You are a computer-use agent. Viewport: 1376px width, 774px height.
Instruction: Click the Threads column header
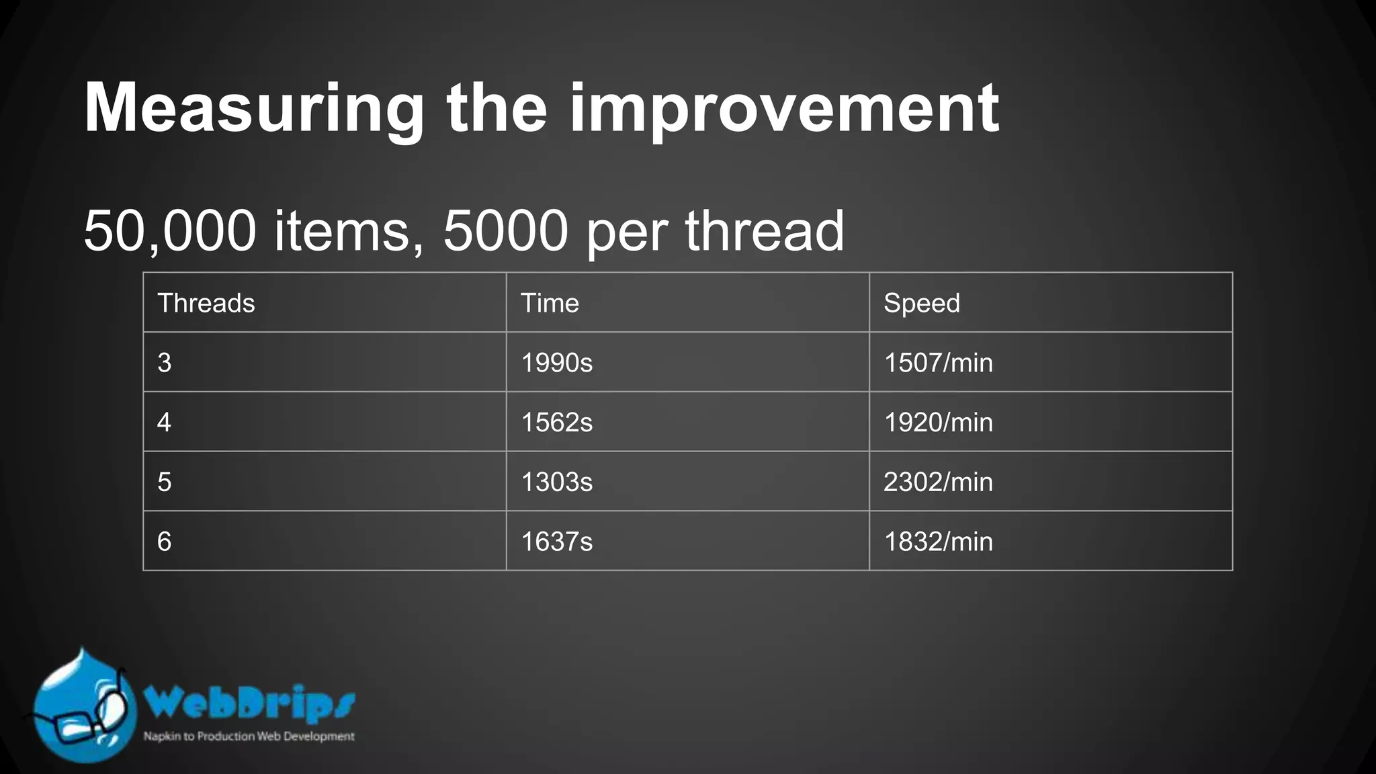tap(206, 303)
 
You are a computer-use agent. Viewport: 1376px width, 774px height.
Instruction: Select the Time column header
tap(550, 303)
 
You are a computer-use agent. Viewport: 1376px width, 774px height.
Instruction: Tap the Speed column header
tap(921, 303)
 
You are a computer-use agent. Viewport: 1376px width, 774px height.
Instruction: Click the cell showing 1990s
tap(557, 363)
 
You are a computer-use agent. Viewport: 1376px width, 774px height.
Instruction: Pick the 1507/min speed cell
tap(938, 363)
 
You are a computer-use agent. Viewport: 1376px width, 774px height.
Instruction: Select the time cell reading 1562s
tap(557, 423)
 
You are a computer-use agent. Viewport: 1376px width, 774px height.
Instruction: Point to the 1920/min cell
tap(938, 423)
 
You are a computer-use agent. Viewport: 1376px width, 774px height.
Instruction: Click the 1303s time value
tap(557, 482)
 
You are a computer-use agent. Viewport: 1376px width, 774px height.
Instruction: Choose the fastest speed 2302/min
tap(938, 482)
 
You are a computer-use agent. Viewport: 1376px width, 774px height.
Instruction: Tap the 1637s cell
tap(557, 542)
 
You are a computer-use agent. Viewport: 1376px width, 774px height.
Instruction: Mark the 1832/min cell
tap(938, 542)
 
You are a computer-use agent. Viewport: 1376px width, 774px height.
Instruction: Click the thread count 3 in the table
tap(165, 363)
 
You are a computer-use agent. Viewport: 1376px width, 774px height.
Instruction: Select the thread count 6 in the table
tap(165, 542)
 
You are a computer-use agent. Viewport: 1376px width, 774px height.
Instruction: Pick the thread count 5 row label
tap(165, 482)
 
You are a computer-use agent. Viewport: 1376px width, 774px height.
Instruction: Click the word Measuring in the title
tap(254, 109)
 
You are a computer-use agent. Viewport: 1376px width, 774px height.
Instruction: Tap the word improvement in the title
tap(784, 109)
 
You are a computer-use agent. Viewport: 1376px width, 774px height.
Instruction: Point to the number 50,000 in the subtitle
tap(170, 230)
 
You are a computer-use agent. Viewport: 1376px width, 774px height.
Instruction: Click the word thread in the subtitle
tap(764, 230)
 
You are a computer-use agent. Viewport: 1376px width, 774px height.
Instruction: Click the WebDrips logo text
tap(249, 703)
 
